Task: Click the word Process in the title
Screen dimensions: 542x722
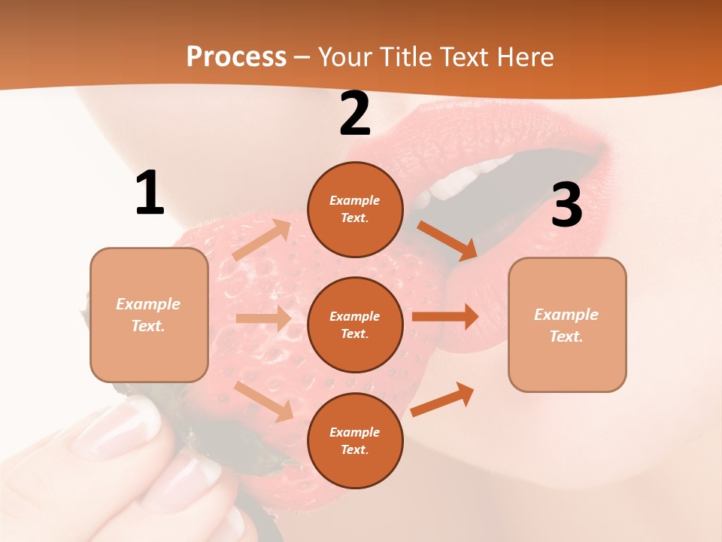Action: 236,56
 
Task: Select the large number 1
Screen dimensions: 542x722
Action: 150,193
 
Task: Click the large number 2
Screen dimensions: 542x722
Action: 355,114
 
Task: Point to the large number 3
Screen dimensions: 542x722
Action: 566,206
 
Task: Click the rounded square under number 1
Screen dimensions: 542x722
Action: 149,315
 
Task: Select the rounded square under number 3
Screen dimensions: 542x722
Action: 567,324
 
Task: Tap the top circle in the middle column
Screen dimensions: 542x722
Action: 355,209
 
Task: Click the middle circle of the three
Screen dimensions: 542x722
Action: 355,324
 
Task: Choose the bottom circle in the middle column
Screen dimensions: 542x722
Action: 355,440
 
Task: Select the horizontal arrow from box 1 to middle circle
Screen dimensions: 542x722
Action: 263,318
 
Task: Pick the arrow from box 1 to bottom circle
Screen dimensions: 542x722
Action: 264,401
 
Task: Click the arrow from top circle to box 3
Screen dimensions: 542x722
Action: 447,241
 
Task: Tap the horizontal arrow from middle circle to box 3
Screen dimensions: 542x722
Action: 445,316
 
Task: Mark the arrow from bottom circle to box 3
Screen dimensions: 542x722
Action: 443,399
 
